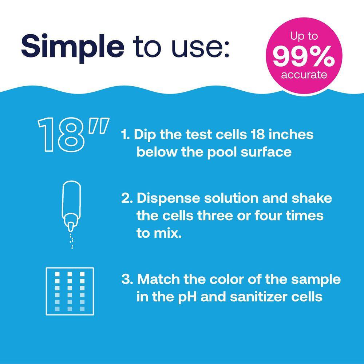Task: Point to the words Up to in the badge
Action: tap(304, 37)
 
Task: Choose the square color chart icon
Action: tap(70, 291)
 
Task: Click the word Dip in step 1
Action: tap(144, 135)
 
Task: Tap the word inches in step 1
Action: tap(293, 134)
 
